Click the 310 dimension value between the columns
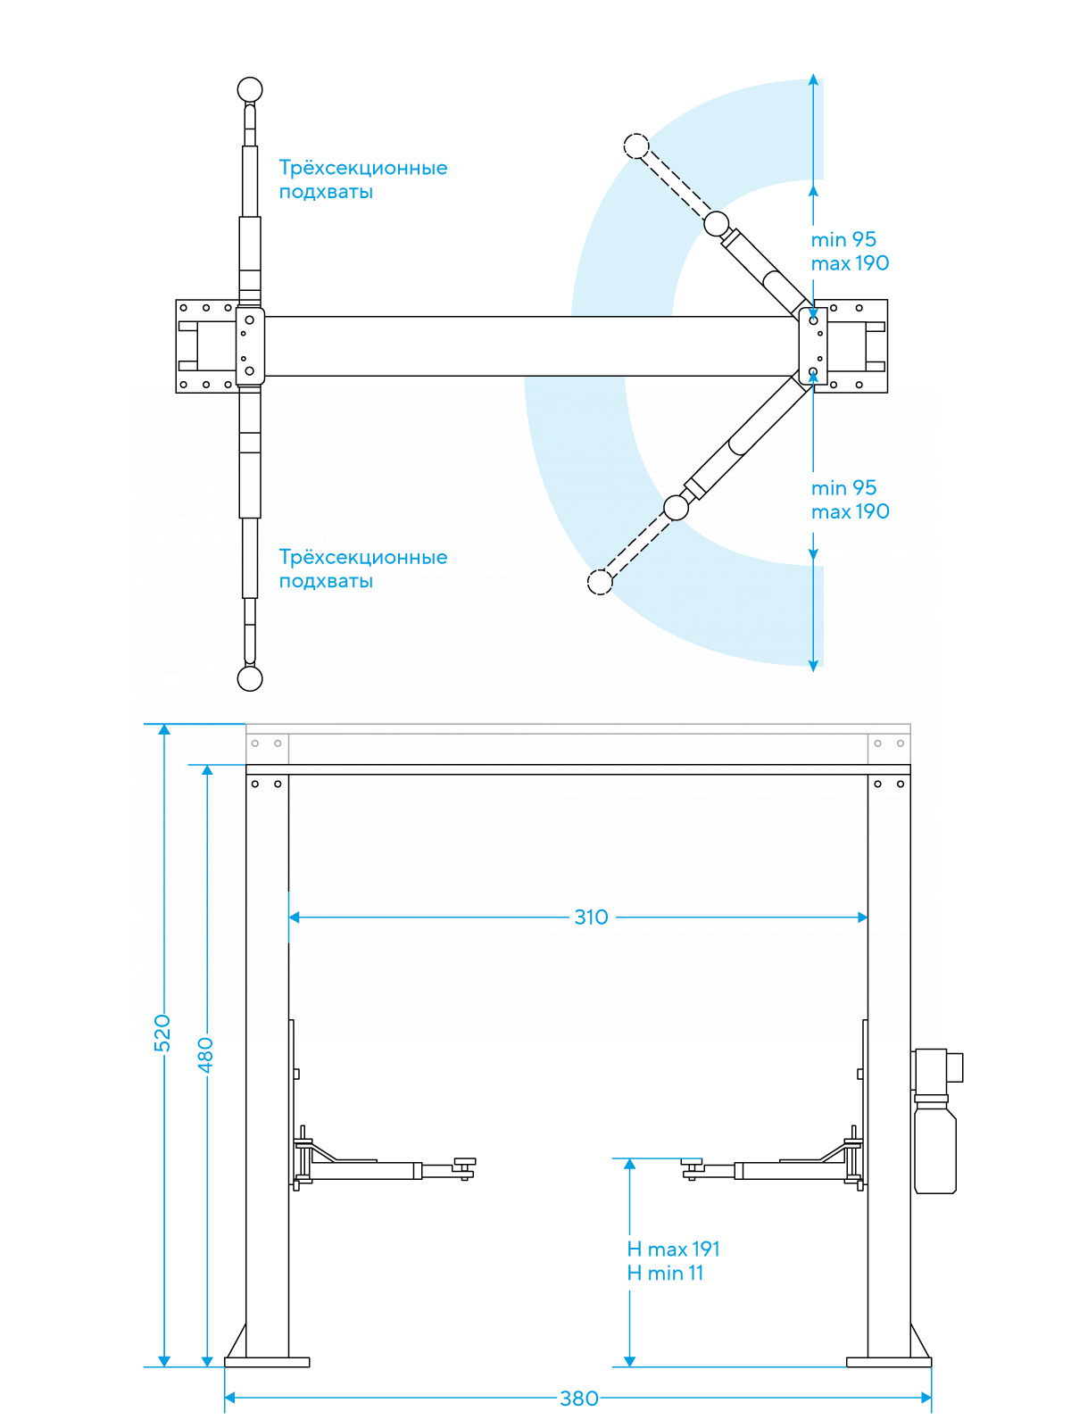point(591,917)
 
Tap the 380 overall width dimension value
point(578,1399)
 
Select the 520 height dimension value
point(162,1033)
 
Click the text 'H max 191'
point(673,1249)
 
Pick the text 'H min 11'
point(665,1273)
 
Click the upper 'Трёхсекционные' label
point(362,168)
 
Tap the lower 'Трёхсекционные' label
point(362,557)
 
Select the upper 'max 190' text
point(850,263)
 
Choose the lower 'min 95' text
point(843,487)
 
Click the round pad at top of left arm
point(250,89)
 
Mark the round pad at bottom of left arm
point(250,678)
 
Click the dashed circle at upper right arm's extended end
point(635,145)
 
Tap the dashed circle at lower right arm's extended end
point(600,582)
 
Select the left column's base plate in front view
point(267,1362)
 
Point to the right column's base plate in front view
point(888,1362)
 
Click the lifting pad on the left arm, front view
point(464,1162)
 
